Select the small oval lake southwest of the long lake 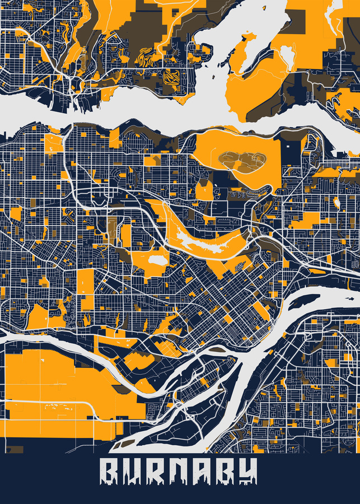[x=157, y=260]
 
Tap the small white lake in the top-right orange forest [x=287, y=55]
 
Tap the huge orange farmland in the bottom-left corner [x=50, y=386]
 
